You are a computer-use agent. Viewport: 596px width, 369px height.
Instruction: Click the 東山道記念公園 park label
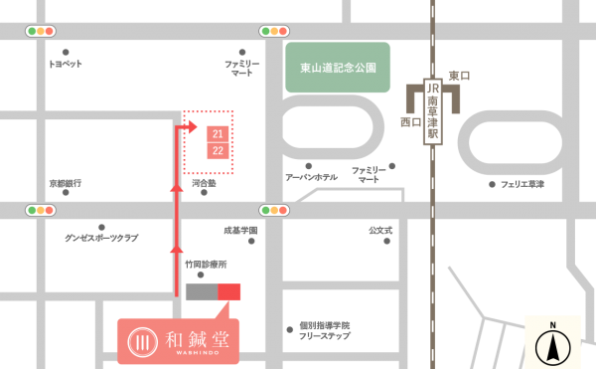pyautogui.click(x=338, y=68)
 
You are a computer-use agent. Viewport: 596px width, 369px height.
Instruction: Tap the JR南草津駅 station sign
pyautogui.click(x=432, y=111)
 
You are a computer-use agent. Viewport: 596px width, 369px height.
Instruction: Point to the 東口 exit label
pyautogui.click(x=459, y=76)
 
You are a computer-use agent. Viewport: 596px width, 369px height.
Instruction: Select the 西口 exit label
pyautogui.click(x=410, y=121)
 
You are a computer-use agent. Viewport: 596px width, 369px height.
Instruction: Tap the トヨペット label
pyautogui.click(x=66, y=64)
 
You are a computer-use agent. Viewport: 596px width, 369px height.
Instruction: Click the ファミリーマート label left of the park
pyautogui.click(x=242, y=68)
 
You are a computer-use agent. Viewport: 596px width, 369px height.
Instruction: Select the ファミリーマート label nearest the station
pyautogui.click(x=369, y=175)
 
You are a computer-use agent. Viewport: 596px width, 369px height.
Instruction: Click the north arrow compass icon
pyautogui.click(x=552, y=347)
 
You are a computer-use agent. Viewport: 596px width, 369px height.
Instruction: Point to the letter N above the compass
pyautogui.click(x=552, y=324)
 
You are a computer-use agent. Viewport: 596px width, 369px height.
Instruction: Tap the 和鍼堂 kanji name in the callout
pyautogui.click(x=197, y=339)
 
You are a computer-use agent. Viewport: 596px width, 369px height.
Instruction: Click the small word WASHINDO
pyautogui.click(x=197, y=353)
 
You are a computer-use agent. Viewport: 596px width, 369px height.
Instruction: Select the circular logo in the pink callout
pyautogui.click(x=143, y=341)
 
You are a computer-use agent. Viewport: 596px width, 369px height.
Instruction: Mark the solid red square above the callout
pyautogui.click(x=229, y=291)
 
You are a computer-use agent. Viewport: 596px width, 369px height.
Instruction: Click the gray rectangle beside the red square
pyautogui.click(x=201, y=291)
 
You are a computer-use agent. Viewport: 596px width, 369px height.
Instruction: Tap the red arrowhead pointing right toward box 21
pyautogui.click(x=192, y=126)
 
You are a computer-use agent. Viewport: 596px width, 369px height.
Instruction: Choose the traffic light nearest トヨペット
pyautogui.click(x=41, y=31)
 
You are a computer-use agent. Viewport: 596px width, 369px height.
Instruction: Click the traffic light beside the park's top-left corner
pyautogui.click(x=274, y=31)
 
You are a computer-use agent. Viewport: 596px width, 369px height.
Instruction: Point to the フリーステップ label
pyautogui.click(x=324, y=336)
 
